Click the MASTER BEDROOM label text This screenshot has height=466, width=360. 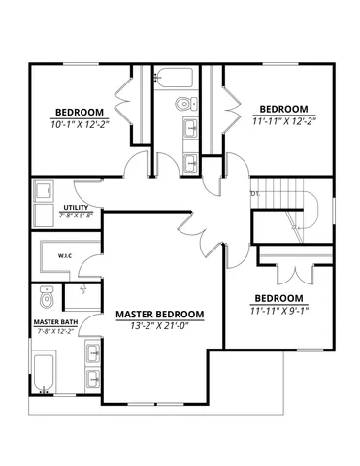[x=160, y=315]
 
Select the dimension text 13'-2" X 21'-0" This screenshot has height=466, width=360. [x=160, y=327]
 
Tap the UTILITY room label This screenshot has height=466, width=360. [x=77, y=208]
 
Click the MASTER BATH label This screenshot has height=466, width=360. [x=54, y=322]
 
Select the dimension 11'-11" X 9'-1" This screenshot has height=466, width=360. [x=278, y=311]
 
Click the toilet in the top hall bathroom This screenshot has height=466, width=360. [x=182, y=104]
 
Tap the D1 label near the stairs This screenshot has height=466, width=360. [x=255, y=193]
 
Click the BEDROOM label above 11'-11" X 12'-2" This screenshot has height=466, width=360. [x=283, y=109]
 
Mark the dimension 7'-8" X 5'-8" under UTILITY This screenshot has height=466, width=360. [x=77, y=216]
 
